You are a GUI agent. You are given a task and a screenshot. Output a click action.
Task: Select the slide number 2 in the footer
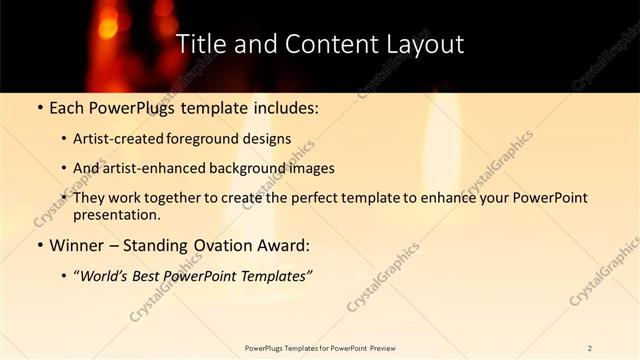590,348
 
